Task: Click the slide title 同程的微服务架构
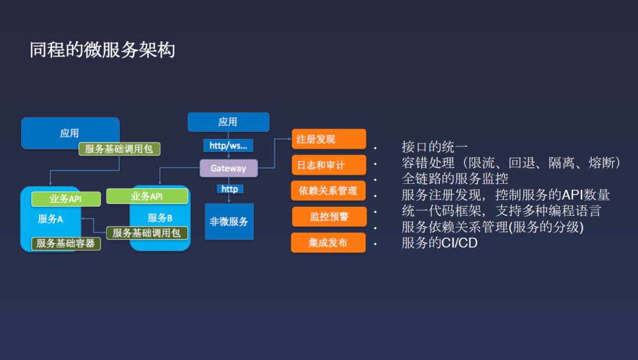click(102, 50)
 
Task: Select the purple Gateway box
click(229, 168)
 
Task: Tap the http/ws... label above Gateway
click(228, 145)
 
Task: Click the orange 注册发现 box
click(328, 139)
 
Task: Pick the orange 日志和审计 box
click(328, 165)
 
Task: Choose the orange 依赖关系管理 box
click(328, 191)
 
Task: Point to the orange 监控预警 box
click(329, 217)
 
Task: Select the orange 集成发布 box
click(328, 242)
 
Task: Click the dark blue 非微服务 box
click(229, 222)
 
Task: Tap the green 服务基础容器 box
click(66, 243)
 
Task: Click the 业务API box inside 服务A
click(66, 199)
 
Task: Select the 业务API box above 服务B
click(147, 196)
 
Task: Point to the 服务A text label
click(50, 219)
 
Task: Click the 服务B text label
click(160, 218)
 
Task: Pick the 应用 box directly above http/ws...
click(228, 122)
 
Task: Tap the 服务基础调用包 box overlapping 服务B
click(147, 233)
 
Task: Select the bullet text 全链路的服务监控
click(455, 179)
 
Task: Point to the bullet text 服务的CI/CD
click(440, 242)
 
